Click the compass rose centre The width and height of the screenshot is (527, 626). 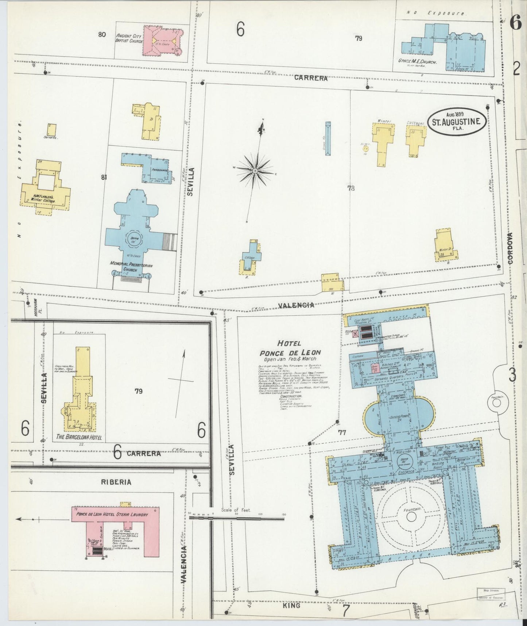255,171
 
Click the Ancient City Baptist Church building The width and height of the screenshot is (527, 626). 160,41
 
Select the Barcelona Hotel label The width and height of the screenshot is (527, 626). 79,437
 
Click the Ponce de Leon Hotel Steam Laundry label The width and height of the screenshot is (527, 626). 112,514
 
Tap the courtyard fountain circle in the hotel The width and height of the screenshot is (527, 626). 411,516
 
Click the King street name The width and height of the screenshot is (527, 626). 292,605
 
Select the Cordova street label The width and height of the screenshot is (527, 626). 510,248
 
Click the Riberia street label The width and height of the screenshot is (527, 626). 116,482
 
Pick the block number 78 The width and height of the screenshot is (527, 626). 351,188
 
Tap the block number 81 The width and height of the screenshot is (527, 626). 104,178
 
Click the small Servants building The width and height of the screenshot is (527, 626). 52,130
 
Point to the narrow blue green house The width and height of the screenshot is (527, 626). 328,139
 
